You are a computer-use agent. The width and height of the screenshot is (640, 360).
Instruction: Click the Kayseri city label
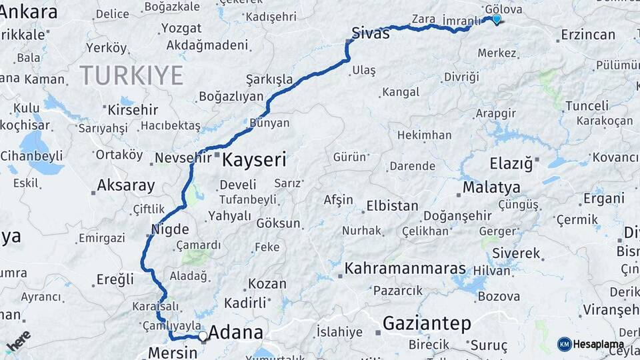pyautogui.click(x=254, y=160)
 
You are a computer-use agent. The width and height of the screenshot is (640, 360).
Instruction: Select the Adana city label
pyautogui.click(x=235, y=333)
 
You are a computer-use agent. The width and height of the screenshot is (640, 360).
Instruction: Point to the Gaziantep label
pyautogui.click(x=427, y=324)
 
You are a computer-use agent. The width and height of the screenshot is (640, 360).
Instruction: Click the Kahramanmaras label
pyautogui.click(x=406, y=269)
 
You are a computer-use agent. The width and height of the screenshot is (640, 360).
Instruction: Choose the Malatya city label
pyautogui.click(x=491, y=187)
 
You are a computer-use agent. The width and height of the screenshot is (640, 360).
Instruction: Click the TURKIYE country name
pyautogui.click(x=131, y=75)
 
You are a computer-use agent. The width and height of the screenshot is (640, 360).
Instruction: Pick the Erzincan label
pyautogui.click(x=588, y=35)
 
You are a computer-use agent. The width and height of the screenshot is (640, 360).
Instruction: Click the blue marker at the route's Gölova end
pyautogui.click(x=496, y=19)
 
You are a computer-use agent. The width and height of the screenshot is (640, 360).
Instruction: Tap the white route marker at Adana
pyautogui.click(x=203, y=336)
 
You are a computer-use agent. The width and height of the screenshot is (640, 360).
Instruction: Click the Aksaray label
pyautogui.click(x=126, y=185)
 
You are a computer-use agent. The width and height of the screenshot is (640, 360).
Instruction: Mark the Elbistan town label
pyautogui.click(x=392, y=206)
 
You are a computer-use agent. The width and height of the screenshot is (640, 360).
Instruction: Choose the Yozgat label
pyautogui.click(x=181, y=29)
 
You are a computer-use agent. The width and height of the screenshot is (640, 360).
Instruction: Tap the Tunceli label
pyautogui.click(x=587, y=106)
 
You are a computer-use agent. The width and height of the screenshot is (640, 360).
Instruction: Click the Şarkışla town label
pyautogui.click(x=269, y=79)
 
